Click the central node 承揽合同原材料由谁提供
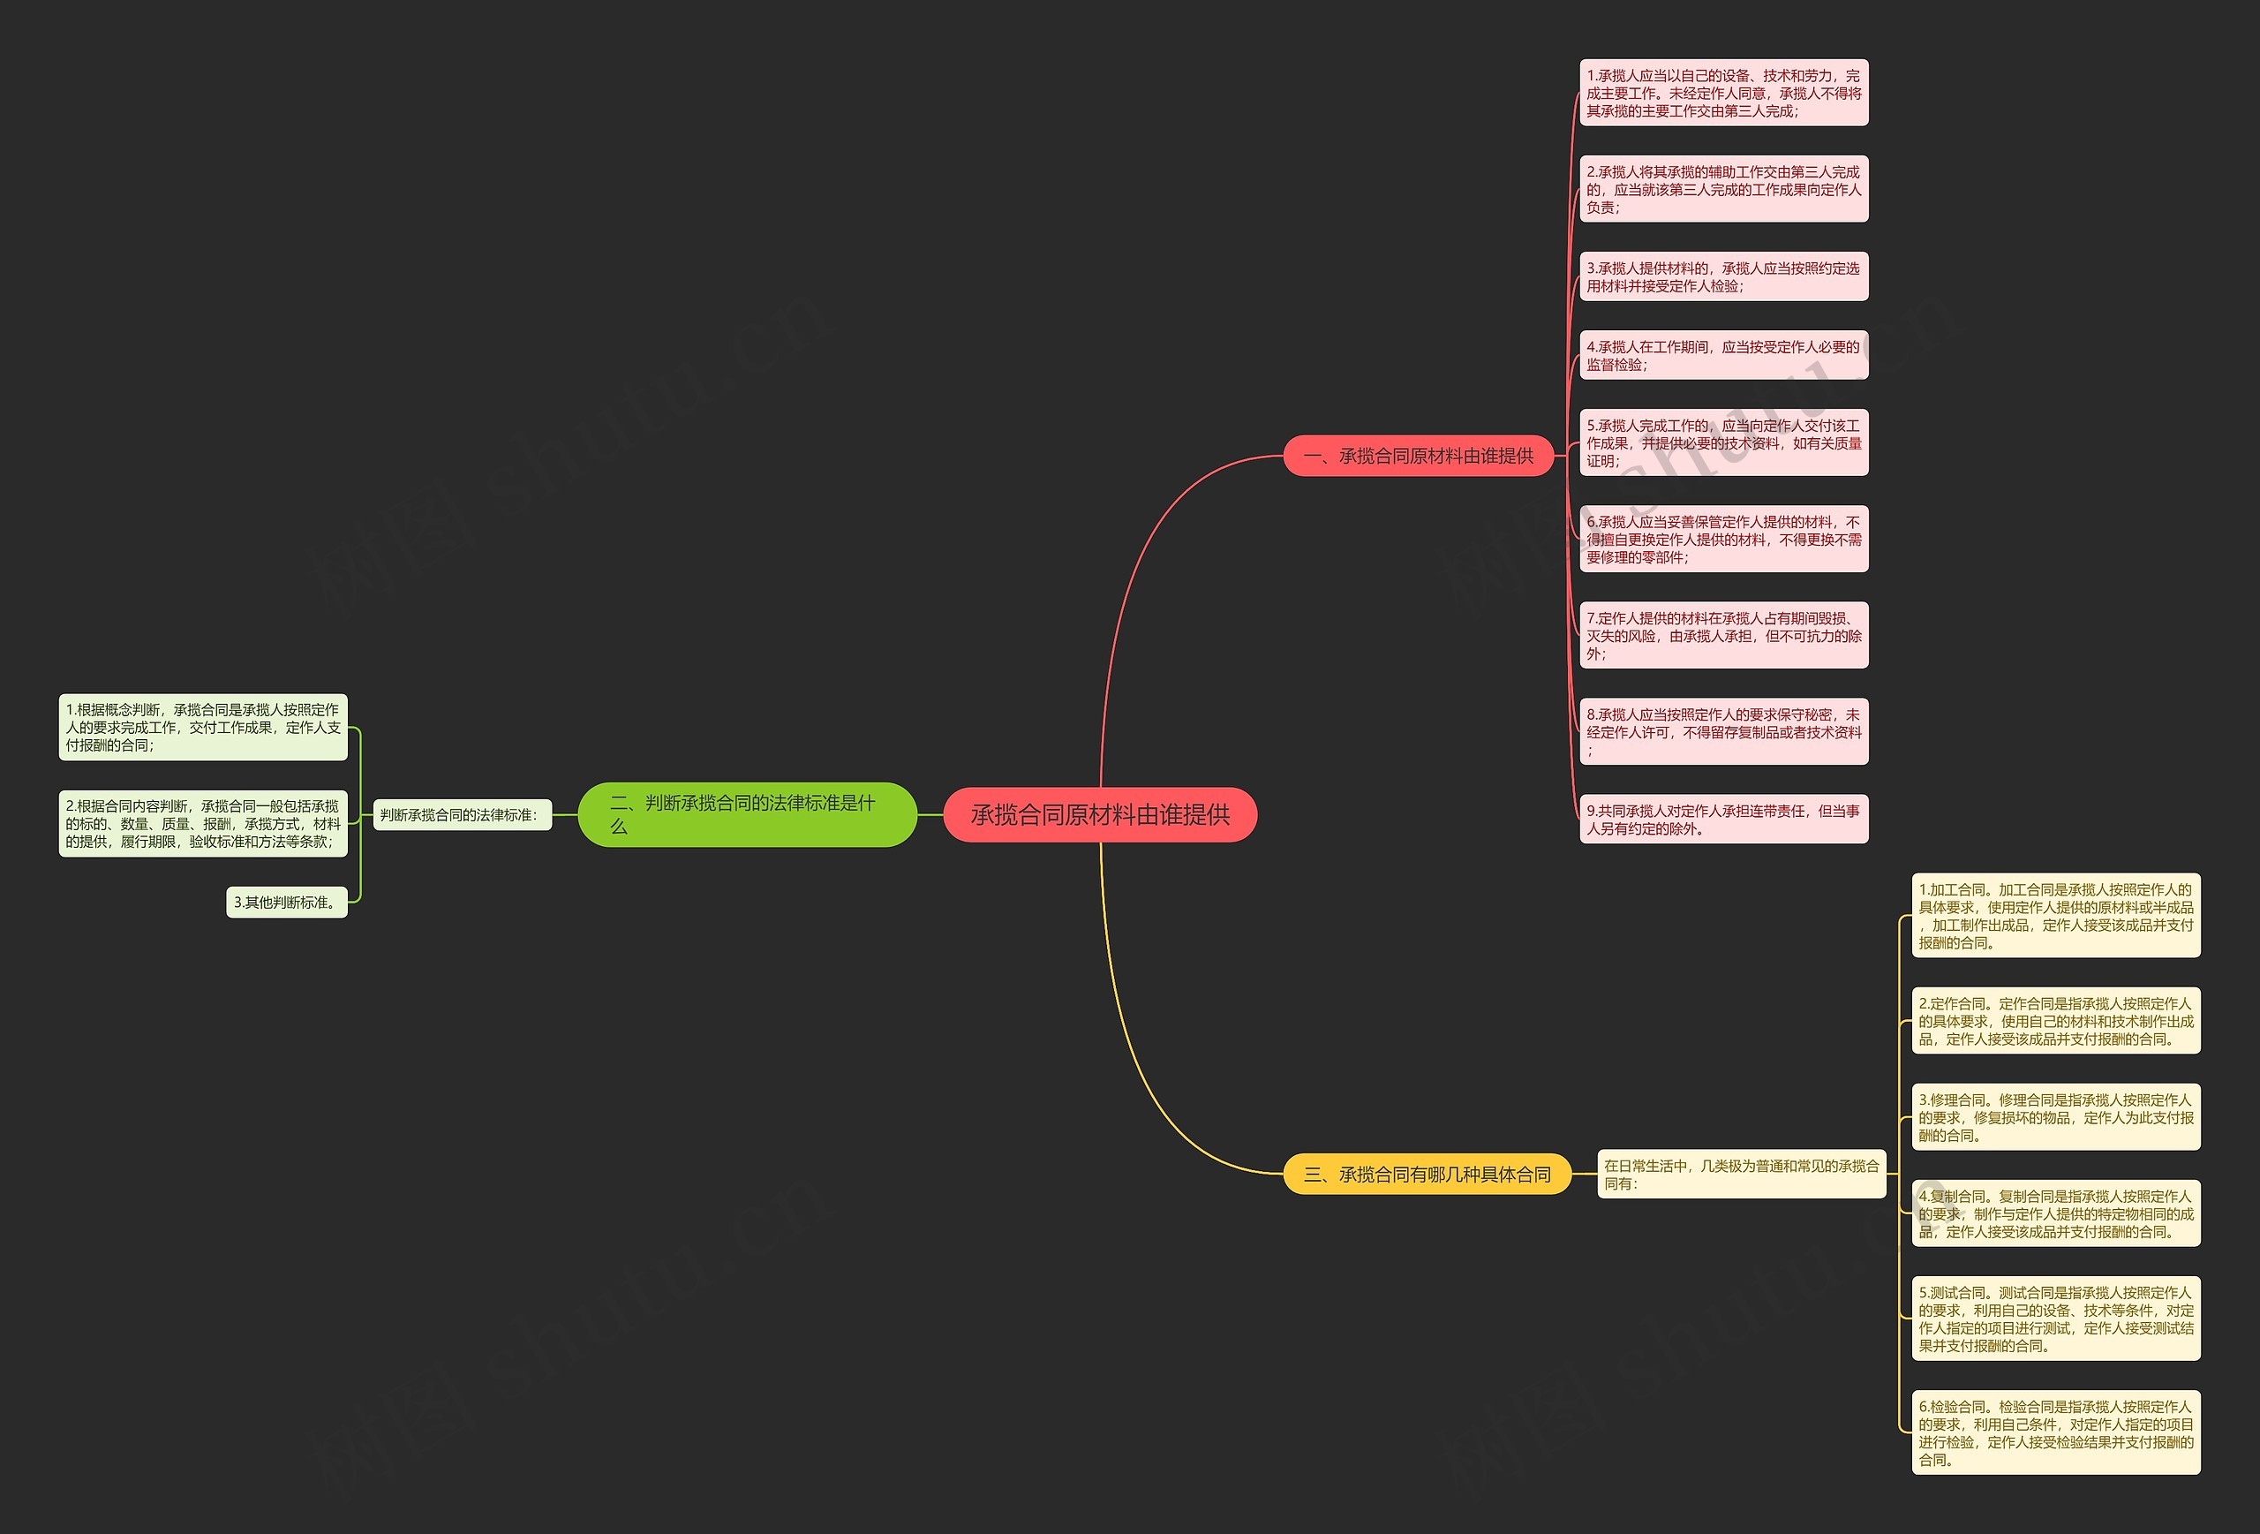click(x=1100, y=814)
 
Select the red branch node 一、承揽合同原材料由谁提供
click(x=1418, y=455)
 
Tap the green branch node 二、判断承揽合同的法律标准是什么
click(x=746, y=814)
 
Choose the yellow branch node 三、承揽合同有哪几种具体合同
click(x=1427, y=1174)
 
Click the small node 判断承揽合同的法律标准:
click(x=461, y=815)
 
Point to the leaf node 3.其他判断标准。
click(x=287, y=902)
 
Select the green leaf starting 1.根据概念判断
click(x=203, y=728)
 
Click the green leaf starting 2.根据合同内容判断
click(x=203, y=823)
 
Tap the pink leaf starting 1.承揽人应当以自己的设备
click(x=1723, y=93)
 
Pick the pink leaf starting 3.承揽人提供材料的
click(x=1723, y=276)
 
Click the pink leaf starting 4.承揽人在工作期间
click(x=1723, y=355)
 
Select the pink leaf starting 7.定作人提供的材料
click(x=1723, y=635)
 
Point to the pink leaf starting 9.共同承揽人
click(x=1723, y=819)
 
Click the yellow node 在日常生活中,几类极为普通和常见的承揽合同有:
click(x=1741, y=1174)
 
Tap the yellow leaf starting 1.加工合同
click(x=2056, y=915)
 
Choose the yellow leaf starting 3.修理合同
click(x=2056, y=1116)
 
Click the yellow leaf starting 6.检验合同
click(x=2056, y=1432)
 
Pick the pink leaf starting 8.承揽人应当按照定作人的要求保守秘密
click(x=1723, y=731)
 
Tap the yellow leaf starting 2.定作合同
click(x=2056, y=1020)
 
